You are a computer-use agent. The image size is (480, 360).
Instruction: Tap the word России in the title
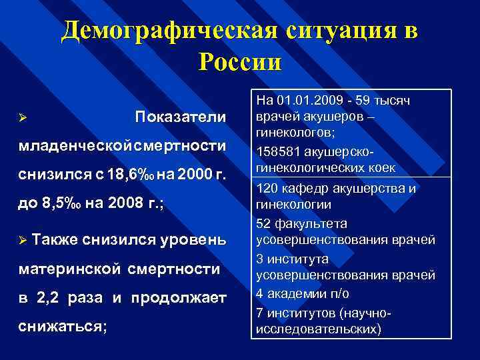[240, 62]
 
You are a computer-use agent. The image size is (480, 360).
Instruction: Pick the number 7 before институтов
[260, 311]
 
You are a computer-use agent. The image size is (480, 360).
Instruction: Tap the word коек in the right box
[382, 167]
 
